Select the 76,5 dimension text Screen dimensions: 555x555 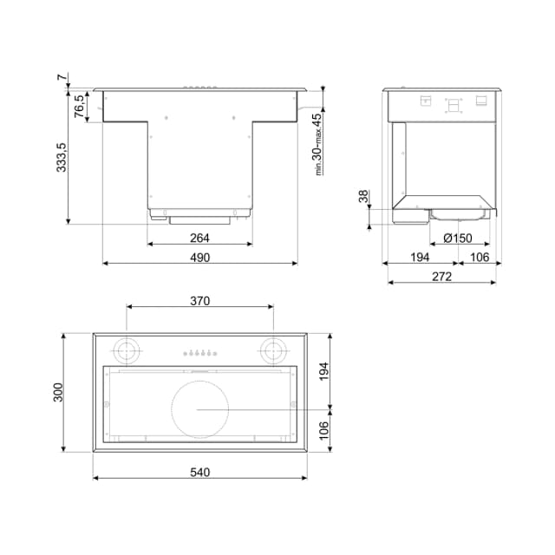click(x=79, y=106)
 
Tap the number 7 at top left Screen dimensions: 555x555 click(x=62, y=78)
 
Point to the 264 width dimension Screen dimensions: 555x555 click(x=200, y=238)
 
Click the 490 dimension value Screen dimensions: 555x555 click(x=200, y=258)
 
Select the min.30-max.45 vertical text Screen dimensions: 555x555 click(x=317, y=144)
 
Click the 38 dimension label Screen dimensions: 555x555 click(x=363, y=197)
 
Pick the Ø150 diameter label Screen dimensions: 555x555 click(x=457, y=238)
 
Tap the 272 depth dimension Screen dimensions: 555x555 click(x=441, y=277)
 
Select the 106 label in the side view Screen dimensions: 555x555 click(x=480, y=258)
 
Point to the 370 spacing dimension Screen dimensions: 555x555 click(x=200, y=301)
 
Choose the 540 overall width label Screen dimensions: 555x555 click(x=200, y=473)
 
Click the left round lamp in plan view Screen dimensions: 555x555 click(x=127, y=350)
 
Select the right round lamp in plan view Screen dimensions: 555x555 click(x=273, y=350)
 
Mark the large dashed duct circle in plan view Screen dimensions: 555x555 click(x=200, y=409)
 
